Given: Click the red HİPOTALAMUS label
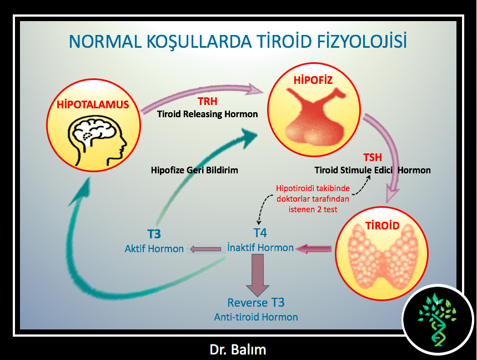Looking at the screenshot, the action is point(93,104).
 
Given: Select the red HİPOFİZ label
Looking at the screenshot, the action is point(313,80).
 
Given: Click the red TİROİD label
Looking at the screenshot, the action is point(382,226).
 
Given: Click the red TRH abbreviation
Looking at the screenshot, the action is point(208,101).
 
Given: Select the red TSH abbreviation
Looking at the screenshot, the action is point(373,157).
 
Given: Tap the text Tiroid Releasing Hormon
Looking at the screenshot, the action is point(208,114).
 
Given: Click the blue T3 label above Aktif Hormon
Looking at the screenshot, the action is point(154,234).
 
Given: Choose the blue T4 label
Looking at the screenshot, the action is point(260,233).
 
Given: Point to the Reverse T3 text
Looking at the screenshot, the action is point(256,302).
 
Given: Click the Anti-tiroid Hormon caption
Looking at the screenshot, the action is point(256,317).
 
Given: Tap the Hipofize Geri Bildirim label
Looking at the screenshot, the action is point(194,170).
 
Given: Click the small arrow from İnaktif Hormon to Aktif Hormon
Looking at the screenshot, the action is point(205,249).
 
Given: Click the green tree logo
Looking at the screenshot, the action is point(437,319).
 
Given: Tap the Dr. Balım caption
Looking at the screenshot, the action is point(238,349).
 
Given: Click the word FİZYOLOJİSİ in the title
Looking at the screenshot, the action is point(361,41).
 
